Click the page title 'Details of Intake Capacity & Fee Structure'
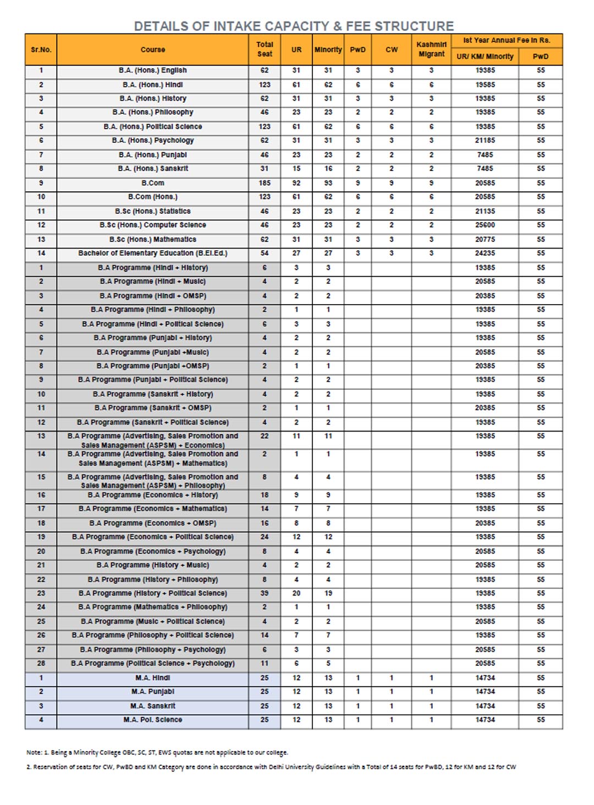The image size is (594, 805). (x=294, y=26)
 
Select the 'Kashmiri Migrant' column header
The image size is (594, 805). (x=431, y=49)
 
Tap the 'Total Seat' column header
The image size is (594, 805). (x=265, y=49)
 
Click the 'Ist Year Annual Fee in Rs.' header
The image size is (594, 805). (x=506, y=40)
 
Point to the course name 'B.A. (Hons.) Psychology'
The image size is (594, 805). (x=153, y=140)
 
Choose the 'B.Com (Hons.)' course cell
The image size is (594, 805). (x=153, y=197)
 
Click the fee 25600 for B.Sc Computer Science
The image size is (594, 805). (x=485, y=225)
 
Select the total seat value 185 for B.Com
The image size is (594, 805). (x=265, y=183)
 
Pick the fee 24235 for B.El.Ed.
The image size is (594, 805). (x=485, y=253)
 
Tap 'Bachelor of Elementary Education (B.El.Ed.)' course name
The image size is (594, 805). (x=153, y=253)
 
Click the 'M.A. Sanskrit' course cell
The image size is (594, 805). (x=153, y=705)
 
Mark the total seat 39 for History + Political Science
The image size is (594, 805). (x=265, y=593)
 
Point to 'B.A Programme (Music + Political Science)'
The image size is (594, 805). (x=153, y=621)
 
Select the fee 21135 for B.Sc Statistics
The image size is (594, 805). (x=485, y=211)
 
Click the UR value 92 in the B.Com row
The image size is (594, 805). (x=296, y=183)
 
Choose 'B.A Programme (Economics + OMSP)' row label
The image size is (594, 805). (x=153, y=523)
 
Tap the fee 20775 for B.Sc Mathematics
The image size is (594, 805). (x=485, y=239)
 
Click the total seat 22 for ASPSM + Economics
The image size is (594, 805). (x=265, y=436)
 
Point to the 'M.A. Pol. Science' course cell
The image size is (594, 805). (x=153, y=720)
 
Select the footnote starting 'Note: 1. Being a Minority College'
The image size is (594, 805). (x=157, y=752)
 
